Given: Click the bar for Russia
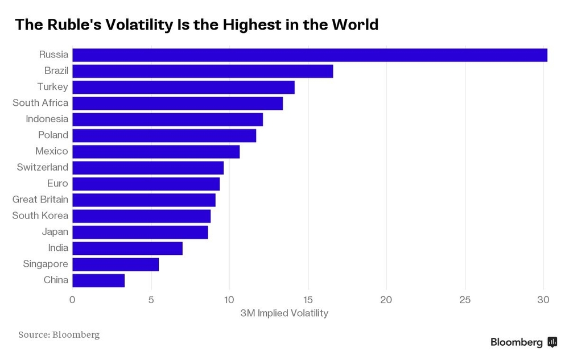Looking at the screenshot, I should coord(310,55).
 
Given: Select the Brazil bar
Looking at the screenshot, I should coord(203,71).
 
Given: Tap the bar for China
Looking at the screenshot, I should coord(98,280).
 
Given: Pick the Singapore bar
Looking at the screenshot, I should coord(116,264).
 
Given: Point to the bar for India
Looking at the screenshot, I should coord(127,248).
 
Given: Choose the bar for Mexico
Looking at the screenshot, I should coord(156,152).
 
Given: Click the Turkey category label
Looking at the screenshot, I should coord(52,87).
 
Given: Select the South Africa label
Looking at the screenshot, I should coord(40,103).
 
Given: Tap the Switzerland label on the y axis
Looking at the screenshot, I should coord(43,167).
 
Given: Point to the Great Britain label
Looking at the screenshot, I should coord(40,200).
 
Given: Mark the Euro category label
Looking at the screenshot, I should coord(57,184).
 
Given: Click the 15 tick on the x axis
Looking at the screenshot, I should coord(308,300).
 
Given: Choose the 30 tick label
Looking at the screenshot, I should coord(543,300).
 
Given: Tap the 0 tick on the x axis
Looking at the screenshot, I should coord(72,300).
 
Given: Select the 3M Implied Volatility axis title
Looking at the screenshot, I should coord(284,313).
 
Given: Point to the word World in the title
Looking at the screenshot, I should coord(353,25).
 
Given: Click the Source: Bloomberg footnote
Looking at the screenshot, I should coord(59,334).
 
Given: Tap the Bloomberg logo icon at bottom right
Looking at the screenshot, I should coord(552,342).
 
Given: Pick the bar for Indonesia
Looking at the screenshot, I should coord(168,119).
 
